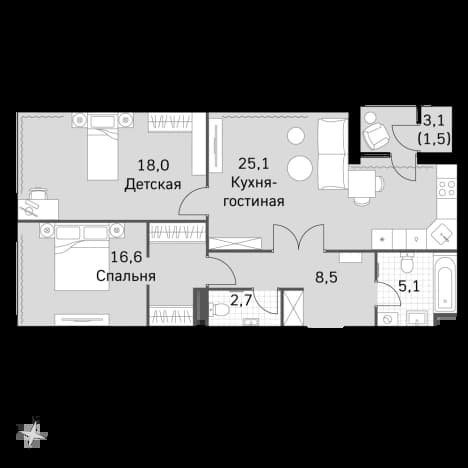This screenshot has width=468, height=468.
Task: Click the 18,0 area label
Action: click(x=154, y=165)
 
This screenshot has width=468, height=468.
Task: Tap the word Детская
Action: click(x=153, y=184)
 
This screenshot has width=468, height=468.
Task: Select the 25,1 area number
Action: click(x=253, y=164)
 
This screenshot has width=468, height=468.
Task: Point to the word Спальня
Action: click(x=126, y=276)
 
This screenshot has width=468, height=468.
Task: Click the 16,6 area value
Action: click(x=126, y=257)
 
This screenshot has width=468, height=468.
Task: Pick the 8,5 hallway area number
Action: click(x=326, y=277)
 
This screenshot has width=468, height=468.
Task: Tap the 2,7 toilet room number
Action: click(x=241, y=301)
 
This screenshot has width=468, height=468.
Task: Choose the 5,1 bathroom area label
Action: click(x=409, y=286)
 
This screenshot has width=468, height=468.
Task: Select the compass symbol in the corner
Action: click(x=32, y=432)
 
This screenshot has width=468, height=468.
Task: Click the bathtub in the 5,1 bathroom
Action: click(x=445, y=283)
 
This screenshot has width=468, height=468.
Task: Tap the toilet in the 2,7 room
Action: click(x=220, y=310)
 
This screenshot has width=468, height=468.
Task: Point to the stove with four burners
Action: click(x=447, y=189)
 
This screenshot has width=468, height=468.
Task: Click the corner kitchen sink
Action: click(x=442, y=233)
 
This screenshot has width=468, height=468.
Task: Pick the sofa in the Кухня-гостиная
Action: click(x=332, y=154)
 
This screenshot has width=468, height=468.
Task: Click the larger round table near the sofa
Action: click(x=300, y=168)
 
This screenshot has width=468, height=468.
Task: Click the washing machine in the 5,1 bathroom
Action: click(x=387, y=319)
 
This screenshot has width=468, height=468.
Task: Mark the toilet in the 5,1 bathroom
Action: click(x=407, y=262)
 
